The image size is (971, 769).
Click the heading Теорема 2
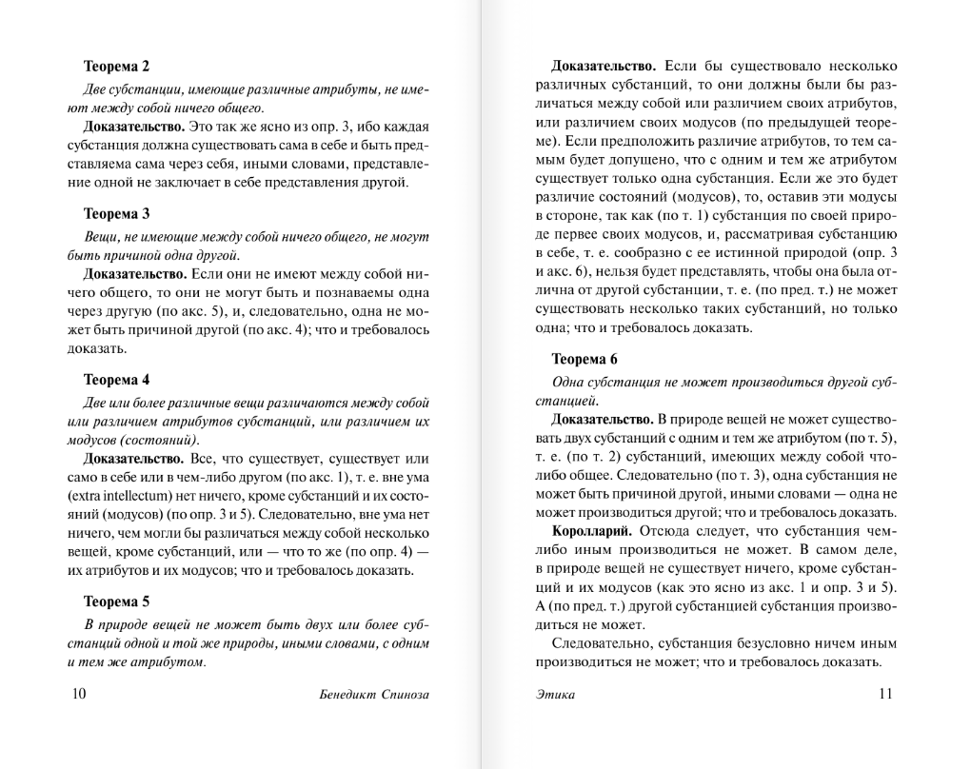tap(116, 67)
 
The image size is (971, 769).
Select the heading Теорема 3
tap(116, 213)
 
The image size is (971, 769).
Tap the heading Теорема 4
tap(116, 379)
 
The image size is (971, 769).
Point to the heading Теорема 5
tap(116, 601)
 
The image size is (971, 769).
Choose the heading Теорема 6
tap(585, 359)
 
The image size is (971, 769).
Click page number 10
tap(79, 694)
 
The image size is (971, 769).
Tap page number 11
tap(884, 694)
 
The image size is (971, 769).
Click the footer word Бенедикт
tap(347, 695)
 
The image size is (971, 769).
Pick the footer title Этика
tap(555, 695)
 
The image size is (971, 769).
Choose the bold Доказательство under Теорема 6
tap(603, 419)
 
